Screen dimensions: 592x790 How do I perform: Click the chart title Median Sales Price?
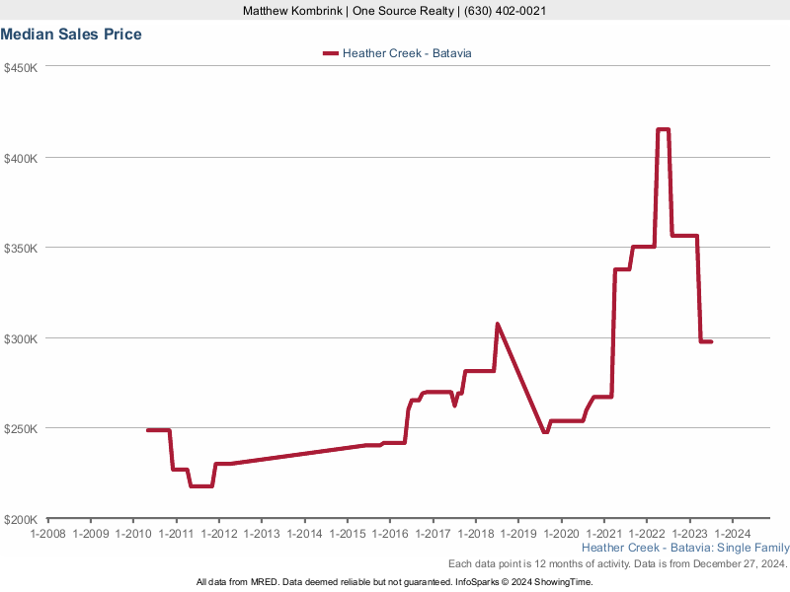71,35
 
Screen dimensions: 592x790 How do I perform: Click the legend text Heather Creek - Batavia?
407,53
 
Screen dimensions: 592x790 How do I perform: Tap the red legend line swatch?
330,53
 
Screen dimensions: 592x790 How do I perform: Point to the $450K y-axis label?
20,68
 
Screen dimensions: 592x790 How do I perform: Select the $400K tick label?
20,158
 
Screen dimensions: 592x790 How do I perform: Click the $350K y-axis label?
20,249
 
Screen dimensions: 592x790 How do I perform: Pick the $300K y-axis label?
20,338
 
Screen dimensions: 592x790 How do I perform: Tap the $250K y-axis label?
20,429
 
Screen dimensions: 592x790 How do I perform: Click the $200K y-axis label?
20,519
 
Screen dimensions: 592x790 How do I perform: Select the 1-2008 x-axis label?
47,534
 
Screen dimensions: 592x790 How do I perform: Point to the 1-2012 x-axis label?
218,534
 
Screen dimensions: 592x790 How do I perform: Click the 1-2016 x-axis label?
389,534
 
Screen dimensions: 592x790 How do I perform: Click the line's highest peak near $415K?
663,129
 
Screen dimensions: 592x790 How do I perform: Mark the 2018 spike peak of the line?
498,324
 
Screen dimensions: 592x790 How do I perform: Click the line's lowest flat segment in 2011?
201,485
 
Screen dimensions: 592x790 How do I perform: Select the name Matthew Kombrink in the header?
292,11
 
